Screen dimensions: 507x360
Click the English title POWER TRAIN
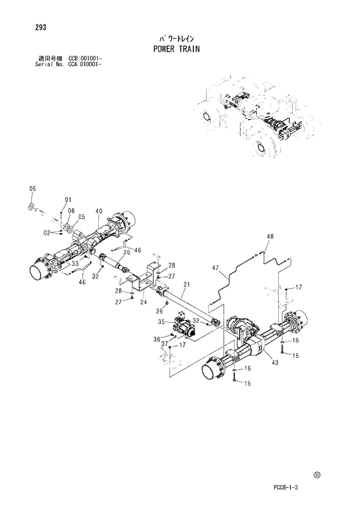pyautogui.click(x=176, y=49)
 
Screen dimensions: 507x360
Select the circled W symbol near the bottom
pyautogui.click(x=316, y=475)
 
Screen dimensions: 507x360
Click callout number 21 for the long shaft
pyautogui.click(x=186, y=285)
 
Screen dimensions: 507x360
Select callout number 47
pyautogui.click(x=215, y=268)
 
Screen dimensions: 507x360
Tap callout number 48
pyautogui.click(x=270, y=236)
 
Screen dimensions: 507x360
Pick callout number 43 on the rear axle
pyautogui.click(x=275, y=362)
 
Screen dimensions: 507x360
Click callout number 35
pyautogui.click(x=161, y=321)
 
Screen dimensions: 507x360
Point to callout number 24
pyautogui.click(x=143, y=301)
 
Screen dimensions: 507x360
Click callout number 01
pyautogui.click(x=67, y=200)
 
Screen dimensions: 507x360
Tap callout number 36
pyautogui.click(x=157, y=339)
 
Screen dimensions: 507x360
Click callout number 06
pyautogui.click(x=70, y=211)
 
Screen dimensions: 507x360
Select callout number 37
pyautogui.click(x=164, y=343)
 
